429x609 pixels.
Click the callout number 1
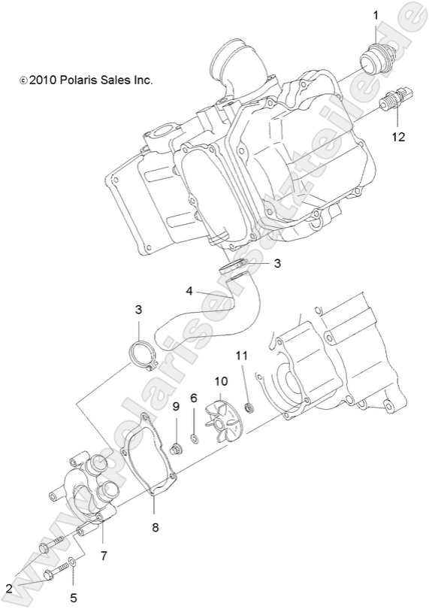pos(377,14)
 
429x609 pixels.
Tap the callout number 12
pos(397,137)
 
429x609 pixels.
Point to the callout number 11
pos(241,355)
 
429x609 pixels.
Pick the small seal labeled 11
pos(251,408)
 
